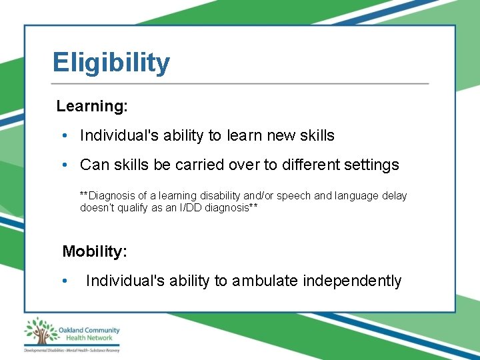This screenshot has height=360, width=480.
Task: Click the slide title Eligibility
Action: pos(111,63)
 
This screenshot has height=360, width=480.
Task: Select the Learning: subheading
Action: pos(92,106)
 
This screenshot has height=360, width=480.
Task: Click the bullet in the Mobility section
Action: pos(65,281)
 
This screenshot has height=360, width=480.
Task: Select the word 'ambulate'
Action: pos(265,281)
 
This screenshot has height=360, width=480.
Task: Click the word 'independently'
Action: pos(352,281)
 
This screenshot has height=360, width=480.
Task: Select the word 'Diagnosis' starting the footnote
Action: pos(111,195)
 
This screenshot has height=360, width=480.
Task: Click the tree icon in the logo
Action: pos(41,331)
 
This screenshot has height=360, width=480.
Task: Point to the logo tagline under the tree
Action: pos(71,349)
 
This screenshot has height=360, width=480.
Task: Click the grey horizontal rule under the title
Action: pos(240,84)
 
